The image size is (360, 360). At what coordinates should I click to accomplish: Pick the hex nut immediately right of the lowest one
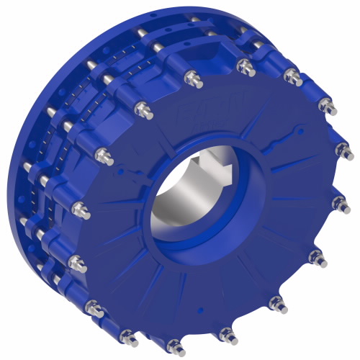pos(227,333)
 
